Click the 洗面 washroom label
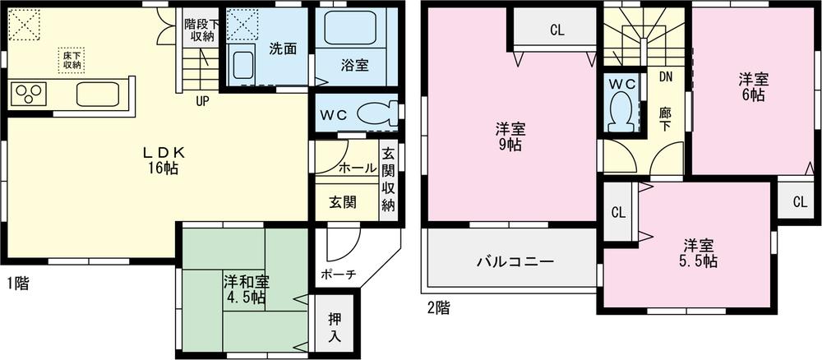pyautogui.click(x=283, y=48)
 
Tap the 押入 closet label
pyautogui.click(x=335, y=328)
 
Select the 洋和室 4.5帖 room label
pyautogui.click(x=243, y=289)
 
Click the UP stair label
pyautogui.click(x=201, y=102)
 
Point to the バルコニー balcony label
pyautogui.click(x=515, y=261)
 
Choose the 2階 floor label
pyautogui.click(x=438, y=309)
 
